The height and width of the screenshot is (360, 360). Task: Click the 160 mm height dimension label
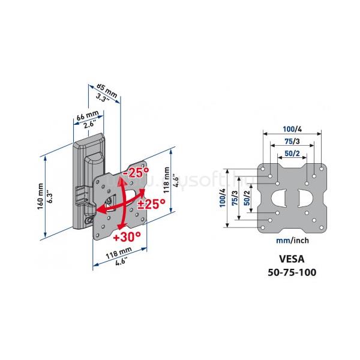[40, 196]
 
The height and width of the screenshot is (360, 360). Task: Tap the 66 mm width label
[88, 115]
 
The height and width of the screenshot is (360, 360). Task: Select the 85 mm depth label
[107, 90]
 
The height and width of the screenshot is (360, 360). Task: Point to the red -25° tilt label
[136, 172]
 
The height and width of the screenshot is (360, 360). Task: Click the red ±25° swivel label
[151, 203]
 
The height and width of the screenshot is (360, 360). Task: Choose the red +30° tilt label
[127, 236]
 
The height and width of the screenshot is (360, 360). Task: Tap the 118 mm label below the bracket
[119, 253]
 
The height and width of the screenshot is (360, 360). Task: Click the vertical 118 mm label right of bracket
[167, 180]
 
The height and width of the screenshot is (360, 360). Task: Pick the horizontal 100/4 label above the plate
[292, 129]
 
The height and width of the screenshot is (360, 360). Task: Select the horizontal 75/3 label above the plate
[292, 142]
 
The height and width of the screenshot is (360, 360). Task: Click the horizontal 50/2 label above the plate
[292, 154]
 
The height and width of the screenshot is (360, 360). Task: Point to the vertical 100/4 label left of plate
[223, 197]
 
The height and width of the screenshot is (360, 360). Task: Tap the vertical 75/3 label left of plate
[235, 198]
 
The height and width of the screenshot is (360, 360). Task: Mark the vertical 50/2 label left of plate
[247, 198]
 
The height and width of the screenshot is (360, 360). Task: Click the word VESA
[292, 259]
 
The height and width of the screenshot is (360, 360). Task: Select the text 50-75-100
[292, 272]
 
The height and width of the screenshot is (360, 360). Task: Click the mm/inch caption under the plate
[292, 241]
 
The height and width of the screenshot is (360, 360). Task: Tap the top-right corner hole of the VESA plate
[321, 169]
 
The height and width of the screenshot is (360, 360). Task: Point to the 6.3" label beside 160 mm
[50, 197]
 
